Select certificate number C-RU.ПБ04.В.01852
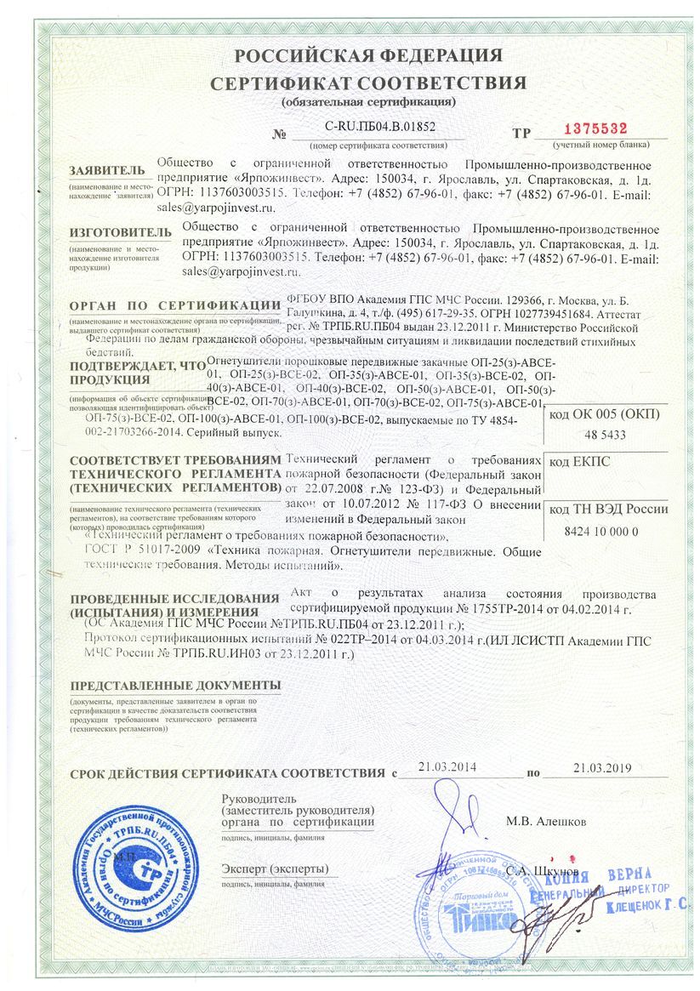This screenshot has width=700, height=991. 380,126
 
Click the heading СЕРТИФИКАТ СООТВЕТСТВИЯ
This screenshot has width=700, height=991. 368,83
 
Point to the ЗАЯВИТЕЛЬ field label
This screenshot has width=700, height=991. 102,170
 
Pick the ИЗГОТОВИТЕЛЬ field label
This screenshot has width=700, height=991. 114,231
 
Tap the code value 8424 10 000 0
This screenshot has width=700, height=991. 600,531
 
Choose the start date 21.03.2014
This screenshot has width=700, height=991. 447,767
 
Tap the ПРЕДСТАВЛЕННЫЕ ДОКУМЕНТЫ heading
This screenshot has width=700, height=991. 175,686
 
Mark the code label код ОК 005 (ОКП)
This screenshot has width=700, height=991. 604,414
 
